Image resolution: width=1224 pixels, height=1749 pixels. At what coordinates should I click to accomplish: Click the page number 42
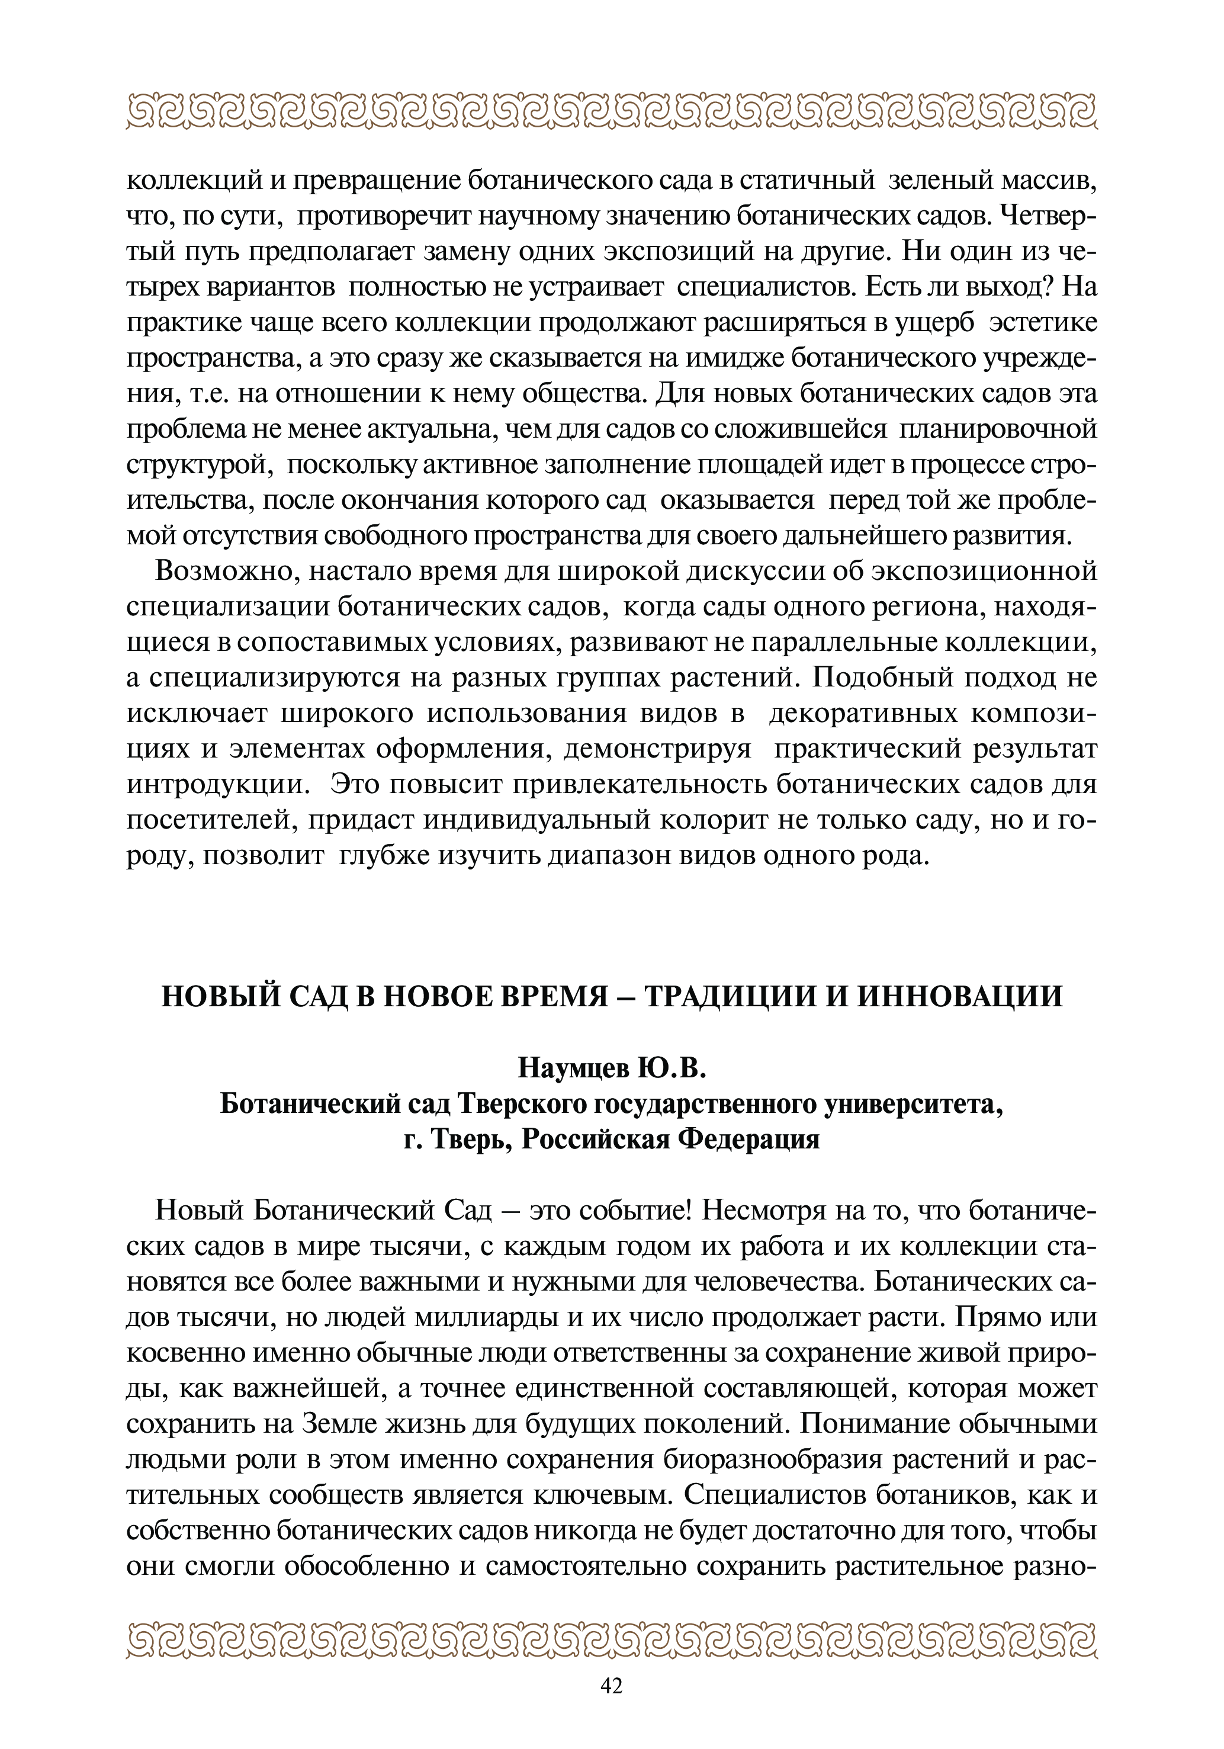coord(612,1707)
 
